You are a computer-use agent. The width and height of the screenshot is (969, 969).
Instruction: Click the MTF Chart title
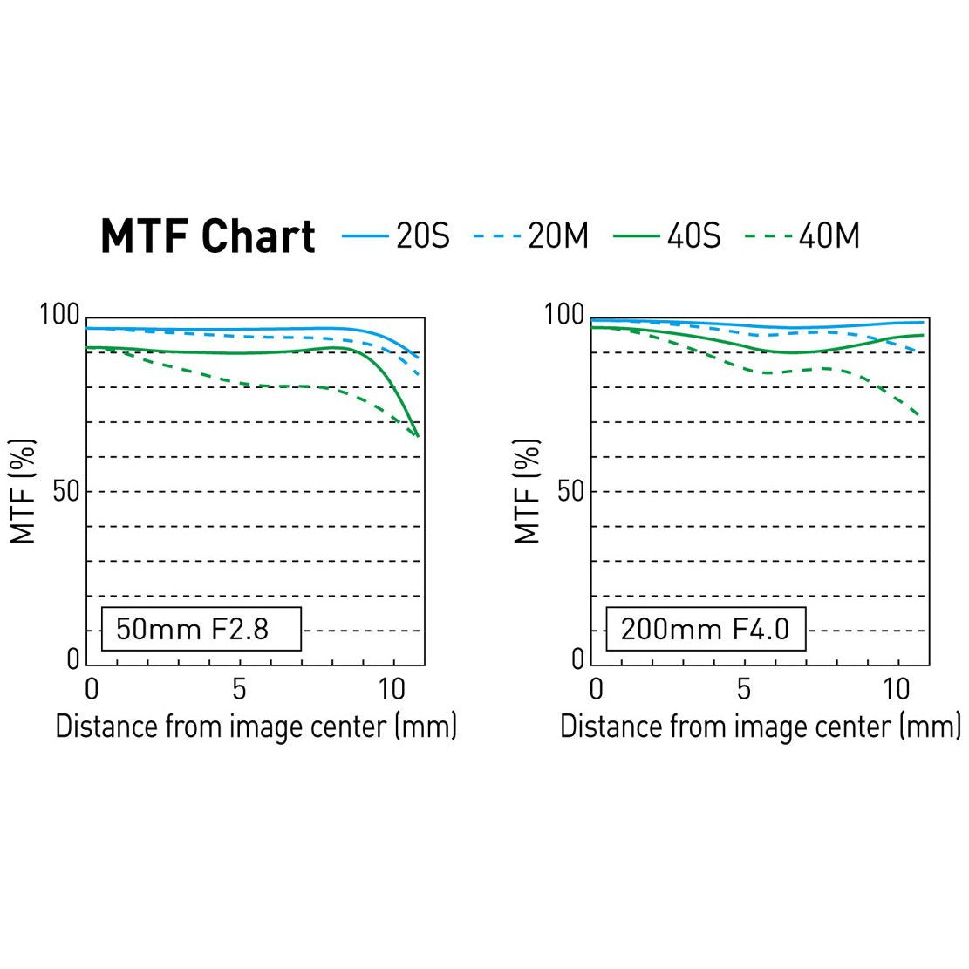pos(208,236)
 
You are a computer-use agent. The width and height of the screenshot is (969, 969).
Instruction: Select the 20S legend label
pos(423,235)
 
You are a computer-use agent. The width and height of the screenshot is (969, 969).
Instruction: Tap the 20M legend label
pos(558,235)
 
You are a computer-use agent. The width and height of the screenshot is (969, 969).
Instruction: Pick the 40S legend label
pos(694,235)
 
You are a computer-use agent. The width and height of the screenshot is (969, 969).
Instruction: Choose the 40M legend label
pos(829,235)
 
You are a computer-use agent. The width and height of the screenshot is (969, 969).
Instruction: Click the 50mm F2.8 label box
pos(201,629)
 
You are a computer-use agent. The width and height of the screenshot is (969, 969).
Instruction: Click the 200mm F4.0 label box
pos(705,629)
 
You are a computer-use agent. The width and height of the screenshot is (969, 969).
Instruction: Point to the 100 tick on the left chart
pos(59,314)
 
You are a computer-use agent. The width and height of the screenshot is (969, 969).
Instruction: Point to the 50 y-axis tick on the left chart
pos(65,491)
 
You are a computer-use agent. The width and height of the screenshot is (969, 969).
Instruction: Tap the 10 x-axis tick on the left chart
pos(392,689)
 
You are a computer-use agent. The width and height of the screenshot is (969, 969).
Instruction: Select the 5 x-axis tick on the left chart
pos(239,689)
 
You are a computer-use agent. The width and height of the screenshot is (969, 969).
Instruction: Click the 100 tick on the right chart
pos(563,314)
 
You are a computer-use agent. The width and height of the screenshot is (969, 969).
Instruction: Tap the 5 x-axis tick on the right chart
pos(743,689)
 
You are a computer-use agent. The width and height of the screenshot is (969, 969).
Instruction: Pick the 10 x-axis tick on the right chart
pos(897,689)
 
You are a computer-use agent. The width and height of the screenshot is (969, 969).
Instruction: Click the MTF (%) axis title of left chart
pos(24,491)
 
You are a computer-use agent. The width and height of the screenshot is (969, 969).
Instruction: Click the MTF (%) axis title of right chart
pos(528,491)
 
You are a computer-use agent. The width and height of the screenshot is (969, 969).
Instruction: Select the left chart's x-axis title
pos(256,727)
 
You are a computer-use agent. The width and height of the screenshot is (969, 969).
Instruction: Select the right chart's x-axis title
pos(760,727)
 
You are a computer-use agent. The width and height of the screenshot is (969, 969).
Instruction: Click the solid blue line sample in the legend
pos(365,236)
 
